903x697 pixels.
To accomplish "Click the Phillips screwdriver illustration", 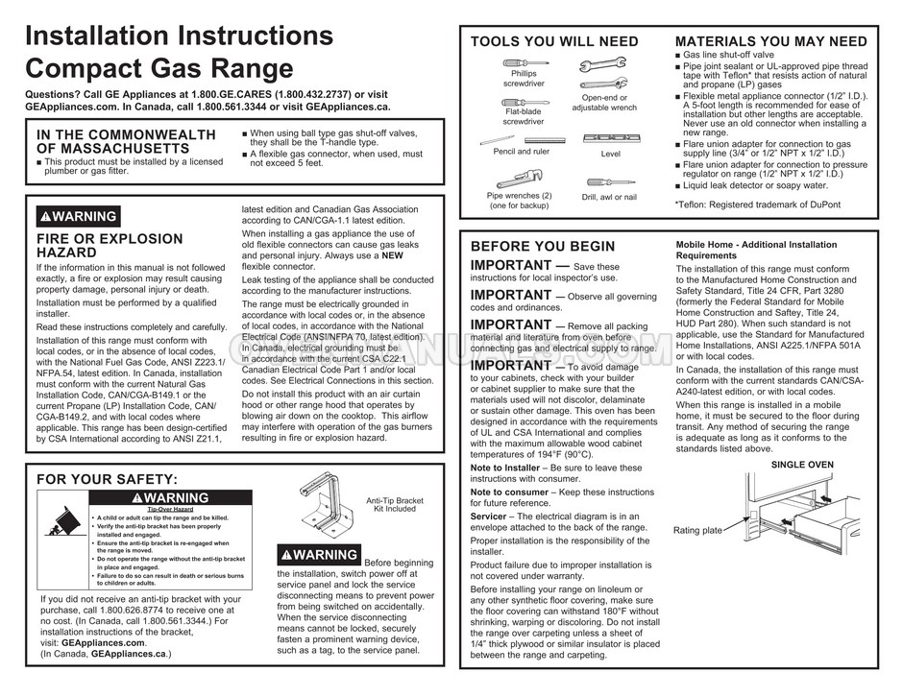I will click(525, 62).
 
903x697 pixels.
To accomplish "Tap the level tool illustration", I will click(610, 137).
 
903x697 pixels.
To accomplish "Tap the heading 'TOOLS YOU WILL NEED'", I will click(553, 41).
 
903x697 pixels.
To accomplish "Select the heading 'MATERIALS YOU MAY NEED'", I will click(770, 41).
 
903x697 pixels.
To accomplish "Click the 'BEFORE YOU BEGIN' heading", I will click(542, 247).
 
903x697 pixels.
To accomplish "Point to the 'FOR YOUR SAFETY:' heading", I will click(107, 478).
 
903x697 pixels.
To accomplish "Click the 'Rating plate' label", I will click(697, 530).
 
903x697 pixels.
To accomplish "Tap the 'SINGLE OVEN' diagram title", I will click(804, 465).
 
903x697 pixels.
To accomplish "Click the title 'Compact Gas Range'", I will click(158, 69).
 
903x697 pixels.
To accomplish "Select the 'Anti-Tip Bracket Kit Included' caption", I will click(395, 505).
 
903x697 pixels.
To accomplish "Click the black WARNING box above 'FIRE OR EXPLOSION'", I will click(78, 216).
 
